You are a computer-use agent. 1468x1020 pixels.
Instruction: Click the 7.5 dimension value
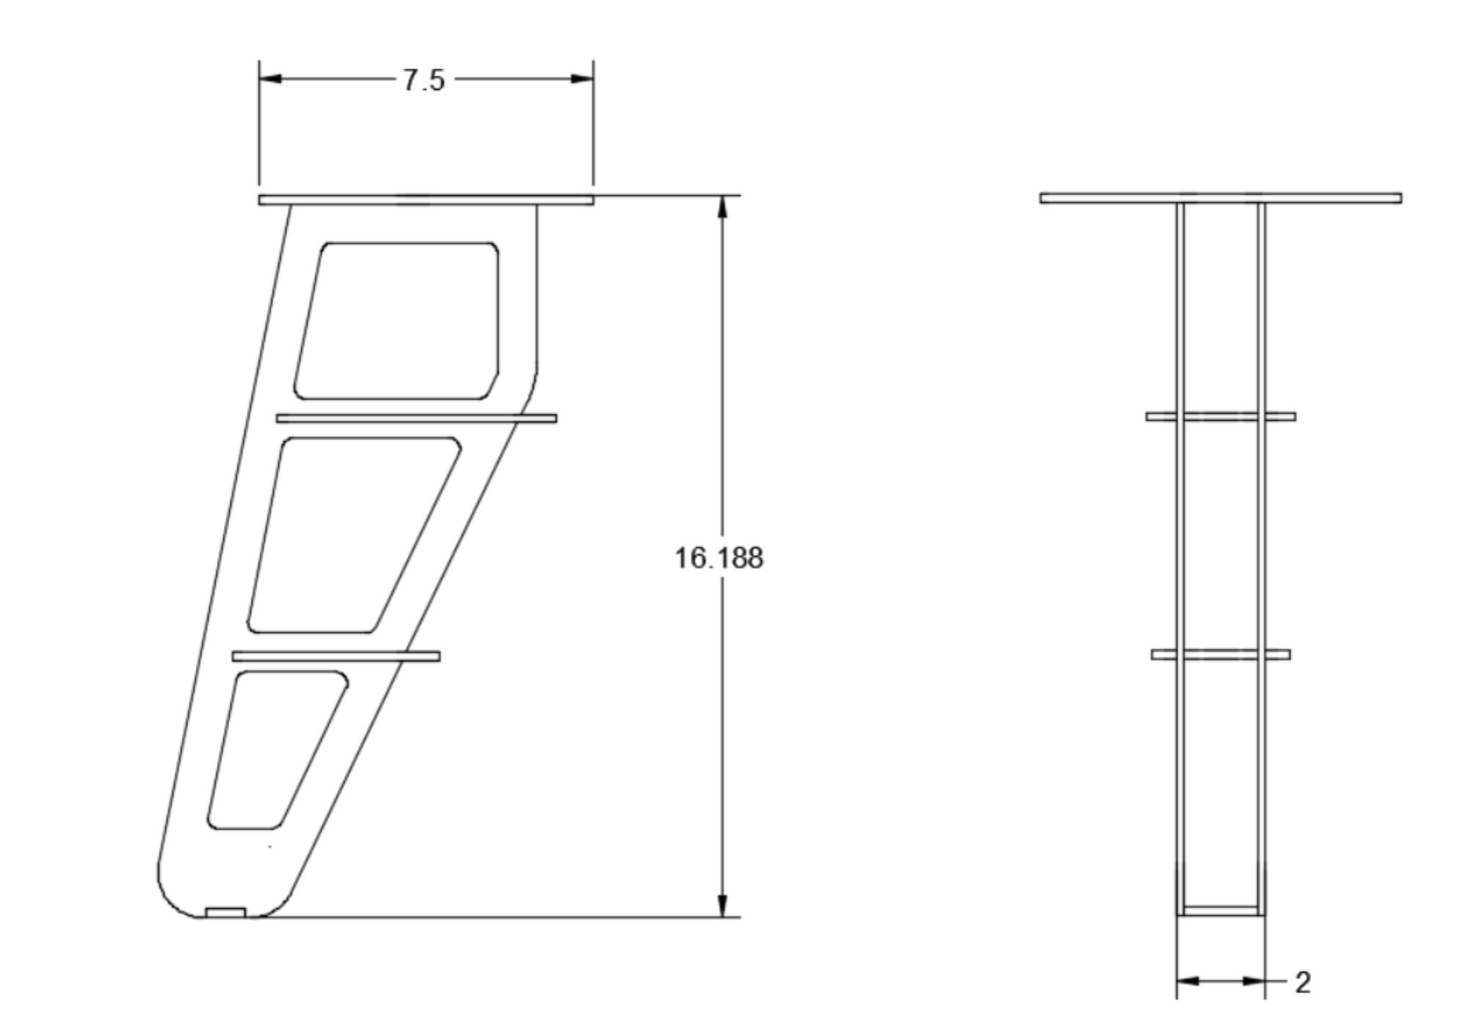(424, 80)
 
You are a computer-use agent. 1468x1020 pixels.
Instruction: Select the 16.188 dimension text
(719, 558)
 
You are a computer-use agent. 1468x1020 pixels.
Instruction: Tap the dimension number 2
(1303, 983)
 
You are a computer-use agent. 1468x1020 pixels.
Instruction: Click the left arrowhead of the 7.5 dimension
(270, 79)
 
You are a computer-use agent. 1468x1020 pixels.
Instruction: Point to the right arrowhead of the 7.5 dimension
(583, 79)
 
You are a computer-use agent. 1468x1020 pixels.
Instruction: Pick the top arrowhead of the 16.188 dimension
(722, 207)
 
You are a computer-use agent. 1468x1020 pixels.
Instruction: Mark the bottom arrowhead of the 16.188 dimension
(722, 905)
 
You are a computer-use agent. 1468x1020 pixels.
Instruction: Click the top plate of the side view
(426, 200)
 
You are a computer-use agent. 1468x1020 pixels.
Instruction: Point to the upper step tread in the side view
(416, 419)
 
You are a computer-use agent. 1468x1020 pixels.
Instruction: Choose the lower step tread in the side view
(336, 656)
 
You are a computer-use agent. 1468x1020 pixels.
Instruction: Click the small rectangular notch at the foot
(225, 912)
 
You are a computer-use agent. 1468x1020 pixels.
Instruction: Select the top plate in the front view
(1221, 198)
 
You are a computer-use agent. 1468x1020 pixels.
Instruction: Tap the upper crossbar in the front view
(1221, 416)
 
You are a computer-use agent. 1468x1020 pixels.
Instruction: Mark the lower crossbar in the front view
(1221, 654)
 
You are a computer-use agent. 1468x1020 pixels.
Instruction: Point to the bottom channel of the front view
(1221, 911)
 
